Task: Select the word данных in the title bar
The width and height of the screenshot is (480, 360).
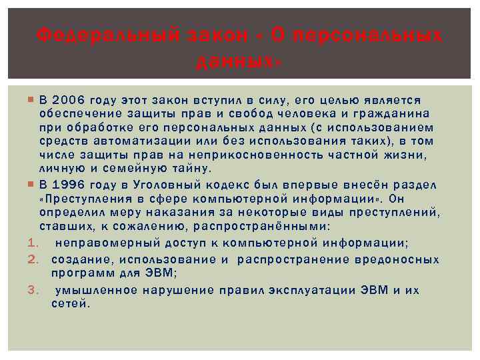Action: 237,62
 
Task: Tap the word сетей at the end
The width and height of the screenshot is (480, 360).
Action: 69,303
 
